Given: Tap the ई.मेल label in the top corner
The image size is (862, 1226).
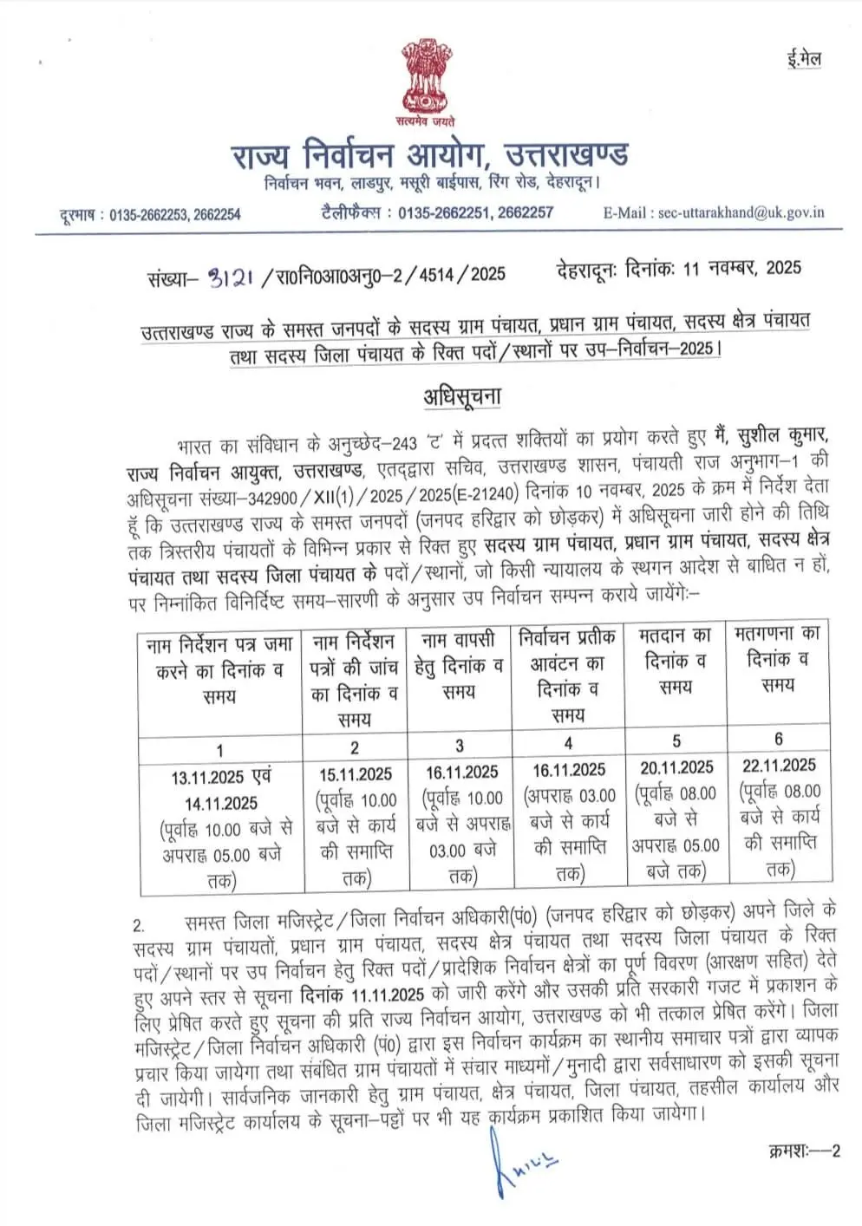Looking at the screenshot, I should point(804,60).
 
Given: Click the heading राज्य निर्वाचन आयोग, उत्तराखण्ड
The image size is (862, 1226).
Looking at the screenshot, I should point(430,156).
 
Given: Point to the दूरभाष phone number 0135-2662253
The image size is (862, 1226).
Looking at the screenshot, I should point(147,214).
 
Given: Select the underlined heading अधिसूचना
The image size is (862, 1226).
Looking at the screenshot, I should point(462,396).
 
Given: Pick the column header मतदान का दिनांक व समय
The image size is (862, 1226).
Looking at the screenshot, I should point(676,661).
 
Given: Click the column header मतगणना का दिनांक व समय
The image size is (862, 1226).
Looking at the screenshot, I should point(778,658).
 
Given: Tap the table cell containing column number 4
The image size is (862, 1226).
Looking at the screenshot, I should point(568,742).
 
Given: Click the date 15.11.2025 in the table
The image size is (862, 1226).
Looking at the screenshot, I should point(355,774).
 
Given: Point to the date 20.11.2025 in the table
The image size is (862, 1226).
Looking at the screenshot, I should point(676,767).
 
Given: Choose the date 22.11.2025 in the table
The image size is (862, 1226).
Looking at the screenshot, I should point(779,765).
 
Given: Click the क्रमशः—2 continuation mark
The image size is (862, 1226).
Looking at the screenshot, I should point(804,1151).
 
